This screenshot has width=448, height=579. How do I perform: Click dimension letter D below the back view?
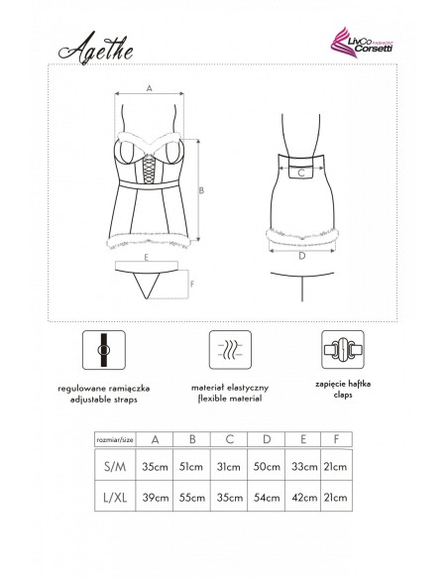click(x=301, y=256)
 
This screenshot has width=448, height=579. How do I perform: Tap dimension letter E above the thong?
click(x=146, y=257)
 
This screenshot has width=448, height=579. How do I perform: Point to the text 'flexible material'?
click(x=228, y=398)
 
